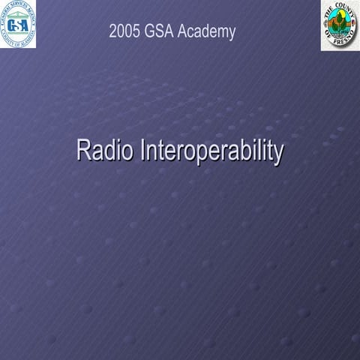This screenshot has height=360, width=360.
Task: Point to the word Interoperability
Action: point(211,151)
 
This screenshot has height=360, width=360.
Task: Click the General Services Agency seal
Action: point(19,24)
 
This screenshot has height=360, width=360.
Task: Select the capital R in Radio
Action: point(82,150)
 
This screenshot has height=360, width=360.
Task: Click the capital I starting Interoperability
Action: point(142,150)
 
